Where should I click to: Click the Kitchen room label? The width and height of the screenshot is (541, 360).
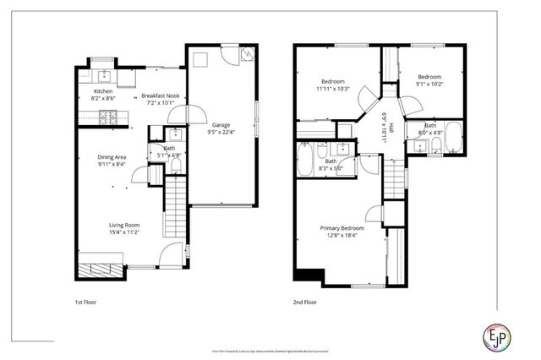(x=102, y=90)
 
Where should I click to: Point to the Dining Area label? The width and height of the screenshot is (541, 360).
(x=111, y=158)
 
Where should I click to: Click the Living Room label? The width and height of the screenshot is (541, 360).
(x=123, y=225)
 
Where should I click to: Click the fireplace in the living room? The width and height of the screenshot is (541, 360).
(x=97, y=270)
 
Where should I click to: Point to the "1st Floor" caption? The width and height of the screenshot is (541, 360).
(x=85, y=302)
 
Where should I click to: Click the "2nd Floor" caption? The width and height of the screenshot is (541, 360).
(x=304, y=302)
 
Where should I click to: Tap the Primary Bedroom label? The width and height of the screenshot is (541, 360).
(x=342, y=228)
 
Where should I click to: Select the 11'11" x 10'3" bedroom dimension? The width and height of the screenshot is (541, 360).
(x=333, y=88)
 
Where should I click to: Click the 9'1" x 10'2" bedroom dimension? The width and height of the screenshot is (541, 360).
(x=429, y=84)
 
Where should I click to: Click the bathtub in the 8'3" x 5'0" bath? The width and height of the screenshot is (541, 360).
(x=306, y=157)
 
